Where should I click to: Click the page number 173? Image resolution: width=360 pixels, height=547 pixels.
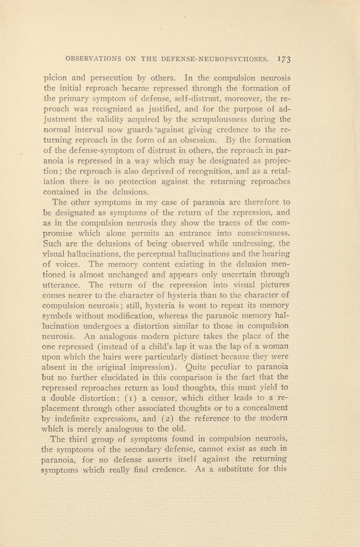click(x=284, y=58)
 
